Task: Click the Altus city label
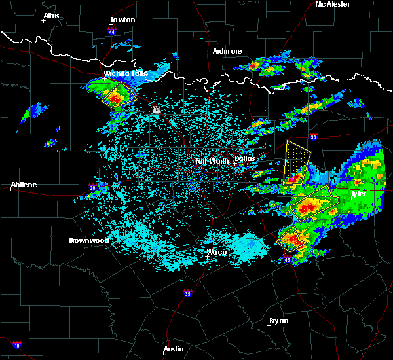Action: click(51, 16)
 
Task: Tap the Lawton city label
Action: click(122, 20)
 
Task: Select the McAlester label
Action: click(332, 4)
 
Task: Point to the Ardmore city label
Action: click(227, 51)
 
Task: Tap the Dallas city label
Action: click(244, 158)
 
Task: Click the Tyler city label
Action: click(358, 194)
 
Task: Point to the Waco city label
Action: click(216, 252)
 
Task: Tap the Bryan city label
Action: click(278, 321)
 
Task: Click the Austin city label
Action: click(174, 349)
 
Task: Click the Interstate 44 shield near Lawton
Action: click(112, 31)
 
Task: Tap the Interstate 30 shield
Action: click(313, 137)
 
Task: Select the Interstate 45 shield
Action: click(288, 260)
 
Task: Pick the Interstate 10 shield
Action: click(16, 345)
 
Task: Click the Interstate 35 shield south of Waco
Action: click(188, 293)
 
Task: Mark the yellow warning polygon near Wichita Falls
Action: click(119, 95)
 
